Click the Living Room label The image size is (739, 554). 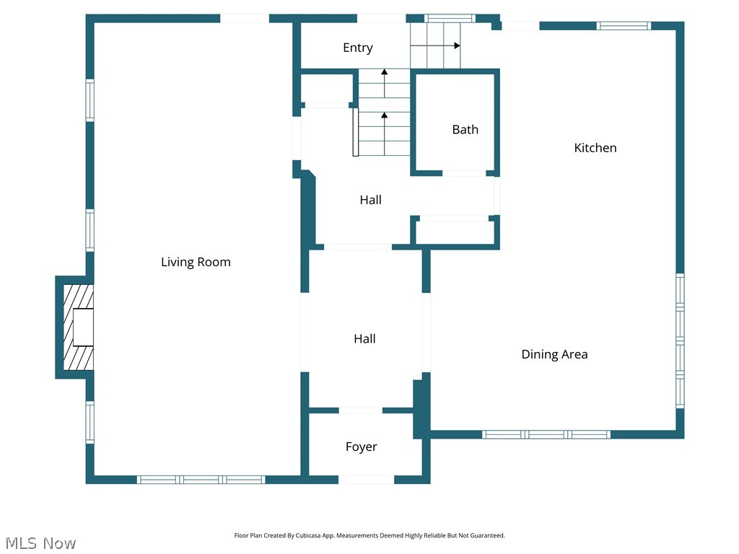[196, 262]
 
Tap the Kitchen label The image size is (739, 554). [595, 148]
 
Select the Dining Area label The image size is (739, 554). [554, 354]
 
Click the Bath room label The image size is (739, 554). [465, 130]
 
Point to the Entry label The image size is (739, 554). [357, 48]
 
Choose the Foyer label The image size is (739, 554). [361, 447]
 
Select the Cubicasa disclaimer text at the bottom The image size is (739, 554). [369, 536]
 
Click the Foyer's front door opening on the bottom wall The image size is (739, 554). [366, 480]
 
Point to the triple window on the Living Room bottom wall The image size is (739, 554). [201, 480]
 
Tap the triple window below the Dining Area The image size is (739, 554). [546, 434]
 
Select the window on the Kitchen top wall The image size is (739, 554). [624, 26]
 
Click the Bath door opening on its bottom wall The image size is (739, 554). [464, 173]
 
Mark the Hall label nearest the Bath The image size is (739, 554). [370, 200]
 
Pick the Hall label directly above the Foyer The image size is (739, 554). [364, 338]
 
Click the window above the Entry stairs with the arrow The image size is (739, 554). [450, 18]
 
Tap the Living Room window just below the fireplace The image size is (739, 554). [89, 421]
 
